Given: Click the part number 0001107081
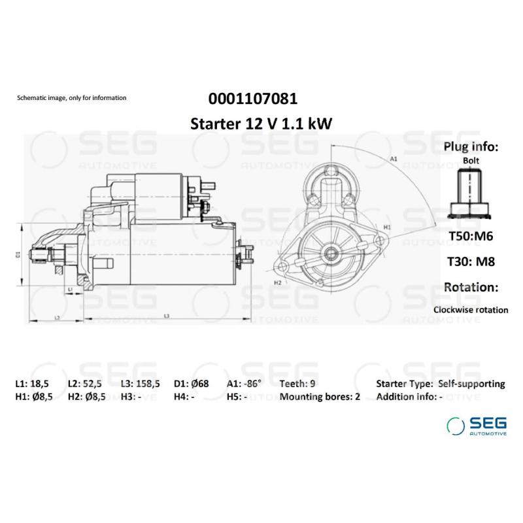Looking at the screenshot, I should click(x=253, y=99).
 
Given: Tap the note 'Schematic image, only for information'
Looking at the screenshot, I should click(x=71, y=98).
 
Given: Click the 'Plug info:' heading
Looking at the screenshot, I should click(x=471, y=146).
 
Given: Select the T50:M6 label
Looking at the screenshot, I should click(x=471, y=236).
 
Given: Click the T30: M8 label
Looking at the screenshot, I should click(x=471, y=261).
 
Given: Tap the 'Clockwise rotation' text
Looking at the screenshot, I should click(x=471, y=310).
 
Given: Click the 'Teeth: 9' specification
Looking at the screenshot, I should click(x=297, y=384).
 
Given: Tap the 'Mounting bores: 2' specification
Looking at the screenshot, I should click(x=320, y=397).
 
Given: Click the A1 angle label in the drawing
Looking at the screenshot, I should click(x=394, y=159).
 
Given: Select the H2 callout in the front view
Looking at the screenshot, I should click(x=277, y=282).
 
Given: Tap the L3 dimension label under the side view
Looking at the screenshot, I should click(x=167, y=316).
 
